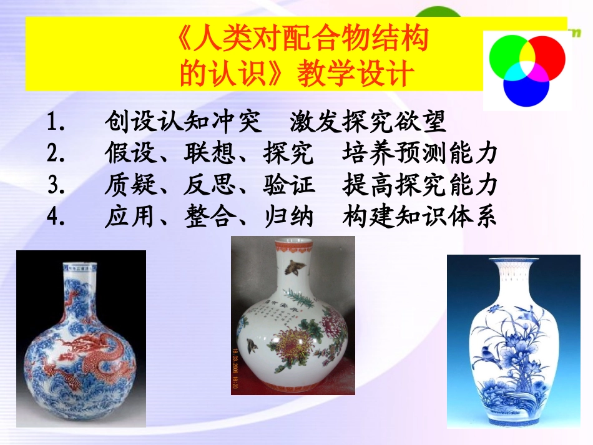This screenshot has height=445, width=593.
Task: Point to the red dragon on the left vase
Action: tap(100, 350)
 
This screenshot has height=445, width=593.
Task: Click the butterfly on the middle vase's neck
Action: tap(291, 268)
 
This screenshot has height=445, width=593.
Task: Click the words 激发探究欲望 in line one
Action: tap(368, 122)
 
